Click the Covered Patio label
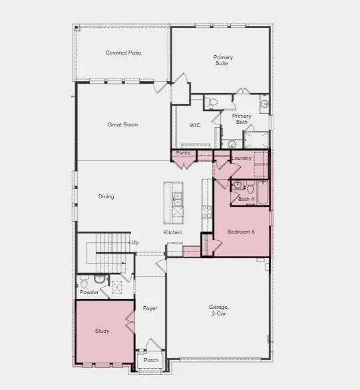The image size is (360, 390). pyautogui.click(x=123, y=53)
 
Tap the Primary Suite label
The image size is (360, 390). pyautogui.click(x=223, y=61)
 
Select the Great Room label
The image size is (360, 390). pyautogui.click(x=122, y=124)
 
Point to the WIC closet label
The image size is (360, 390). pyautogui.click(x=195, y=125)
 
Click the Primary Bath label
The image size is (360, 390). pyautogui.click(x=242, y=118)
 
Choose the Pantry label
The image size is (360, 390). pyautogui.click(x=184, y=153)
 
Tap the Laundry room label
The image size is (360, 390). pyautogui.click(x=242, y=158)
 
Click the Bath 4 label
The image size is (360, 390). pyautogui.click(x=246, y=199)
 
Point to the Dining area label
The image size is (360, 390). pyautogui.click(x=106, y=196)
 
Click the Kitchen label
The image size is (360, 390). pyautogui.click(x=173, y=232)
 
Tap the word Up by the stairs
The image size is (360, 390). pyautogui.click(x=135, y=243)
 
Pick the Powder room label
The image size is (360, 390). pyautogui.click(x=89, y=292)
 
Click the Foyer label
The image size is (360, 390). pyautogui.click(x=150, y=309)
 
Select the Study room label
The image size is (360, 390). pyautogui.click(x=102, y=331)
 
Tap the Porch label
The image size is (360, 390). pyautogui.click(x=151, y=360)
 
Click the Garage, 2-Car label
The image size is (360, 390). pyautogui.click(x=219, y=310)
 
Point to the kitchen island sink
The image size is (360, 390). pyautogui.click(x=177, y=198)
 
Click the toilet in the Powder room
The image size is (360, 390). pyautogui.click(x=98, y=279)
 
